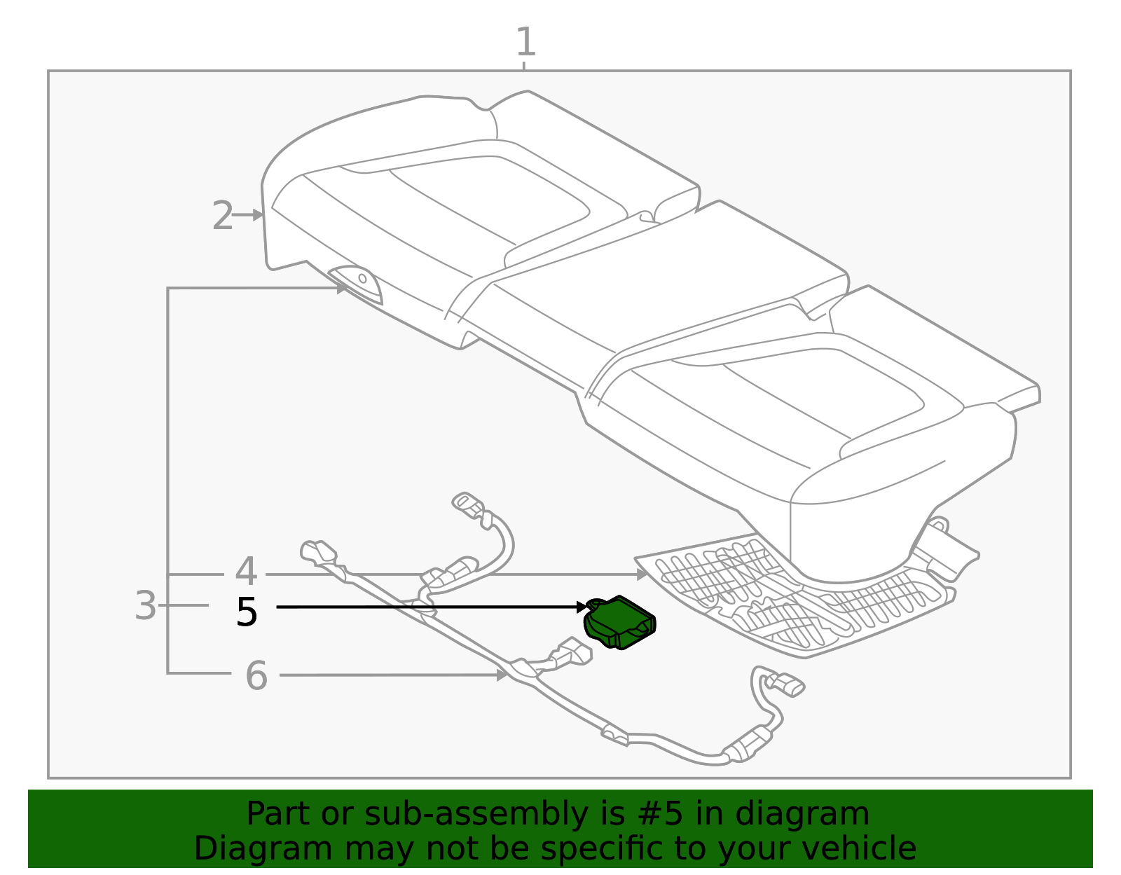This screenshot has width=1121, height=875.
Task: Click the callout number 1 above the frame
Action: click(x=525, y=43)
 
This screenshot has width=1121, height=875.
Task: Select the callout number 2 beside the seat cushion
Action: click(x=222, y=216)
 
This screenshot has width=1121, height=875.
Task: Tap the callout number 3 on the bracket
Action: click(x=145, y=605)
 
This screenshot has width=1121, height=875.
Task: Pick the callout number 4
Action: click(x=246, y=572)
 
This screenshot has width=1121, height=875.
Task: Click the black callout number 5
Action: click(x=247, y=612)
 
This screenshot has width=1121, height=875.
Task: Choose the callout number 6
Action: click(x=256, y=676)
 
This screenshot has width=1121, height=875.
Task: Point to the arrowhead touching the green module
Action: click(x=582, y=607)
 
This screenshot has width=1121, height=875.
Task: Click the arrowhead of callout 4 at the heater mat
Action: click(x=642, y=574)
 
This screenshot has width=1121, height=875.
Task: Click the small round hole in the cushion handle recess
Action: click(x=363, y=278)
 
